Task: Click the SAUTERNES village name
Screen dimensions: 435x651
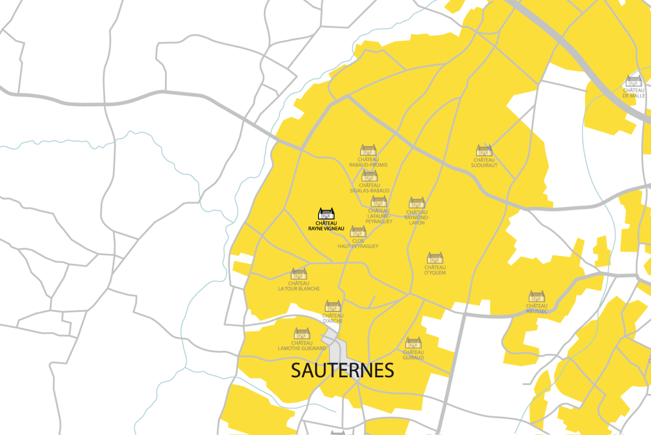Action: tap(342, 370)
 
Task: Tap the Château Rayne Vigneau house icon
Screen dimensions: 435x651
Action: tap(326, 214)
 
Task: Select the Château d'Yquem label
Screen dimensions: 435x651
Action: tap(435, 270)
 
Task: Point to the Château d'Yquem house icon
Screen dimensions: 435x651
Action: tap(435, 258)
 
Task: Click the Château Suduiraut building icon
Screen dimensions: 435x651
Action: tap(484, 151)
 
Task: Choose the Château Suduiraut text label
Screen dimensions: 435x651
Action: tap(484, 163)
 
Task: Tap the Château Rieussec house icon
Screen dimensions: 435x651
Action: tap(536, 296)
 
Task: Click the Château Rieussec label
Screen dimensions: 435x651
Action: tap(536, 309)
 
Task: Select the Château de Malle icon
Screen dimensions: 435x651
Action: tap(634, 81)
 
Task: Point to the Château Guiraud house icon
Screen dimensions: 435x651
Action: tap(413, 343)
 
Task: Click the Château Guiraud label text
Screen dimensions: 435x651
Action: tap(413, 355)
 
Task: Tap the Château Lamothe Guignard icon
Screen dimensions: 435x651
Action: tap(302, 333)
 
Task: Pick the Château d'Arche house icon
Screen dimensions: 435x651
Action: tap(333, 306)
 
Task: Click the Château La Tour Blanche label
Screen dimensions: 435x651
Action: tap(299, 286)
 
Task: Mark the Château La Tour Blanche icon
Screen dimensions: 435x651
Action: tap(299, 274)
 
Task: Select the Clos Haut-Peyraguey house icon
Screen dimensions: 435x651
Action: tap(358, 231)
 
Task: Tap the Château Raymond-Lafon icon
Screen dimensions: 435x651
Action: tap(416, 202)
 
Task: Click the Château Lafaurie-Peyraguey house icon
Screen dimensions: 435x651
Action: tap(378, 201)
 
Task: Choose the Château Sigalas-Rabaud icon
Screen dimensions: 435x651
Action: tap(369, 176)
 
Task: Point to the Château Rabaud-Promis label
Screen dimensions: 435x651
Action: tap(368, 162)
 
